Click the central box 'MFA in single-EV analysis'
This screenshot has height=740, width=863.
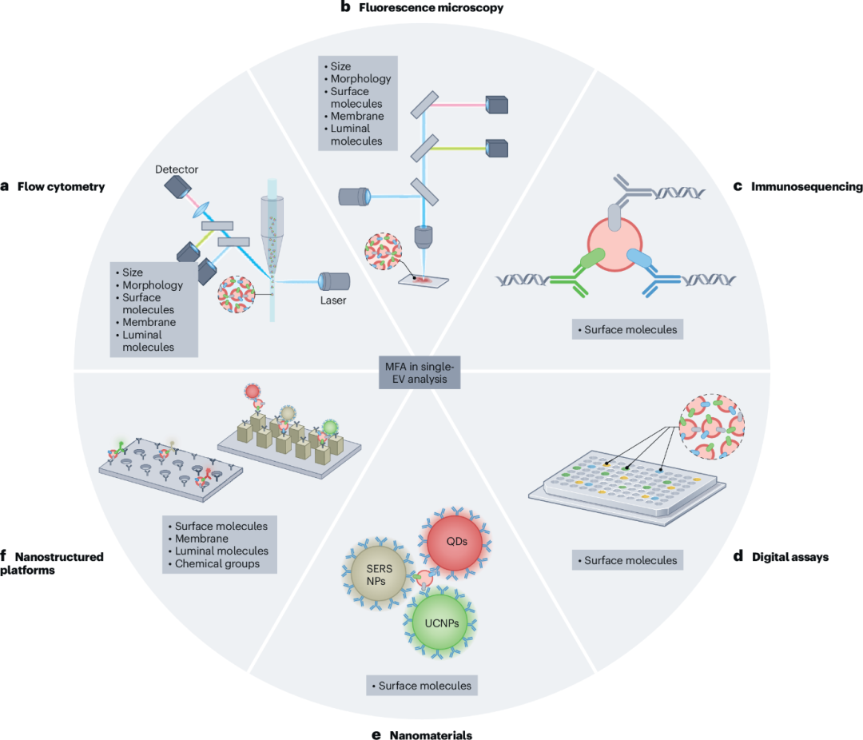(420, 372)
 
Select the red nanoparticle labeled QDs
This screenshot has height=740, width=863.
(455, 543)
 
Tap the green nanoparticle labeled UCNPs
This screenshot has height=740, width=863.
(440, 623)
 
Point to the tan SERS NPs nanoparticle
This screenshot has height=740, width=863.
(379, 575)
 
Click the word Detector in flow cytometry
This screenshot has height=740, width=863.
(176, 169)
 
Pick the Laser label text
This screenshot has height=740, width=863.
(333, 300)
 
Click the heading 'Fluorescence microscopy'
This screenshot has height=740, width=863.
(431, 8)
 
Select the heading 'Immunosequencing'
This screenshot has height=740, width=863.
(807, 187)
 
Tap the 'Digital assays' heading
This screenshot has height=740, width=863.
(790, 557)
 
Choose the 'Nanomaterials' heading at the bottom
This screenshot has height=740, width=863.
(431, 735)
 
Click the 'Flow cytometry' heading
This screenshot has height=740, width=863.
(61, 187)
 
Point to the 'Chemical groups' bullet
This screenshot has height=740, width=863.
(217, 564)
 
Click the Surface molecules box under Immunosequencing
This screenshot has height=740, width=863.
(627, 329)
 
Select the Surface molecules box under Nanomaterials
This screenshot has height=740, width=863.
(422, 686)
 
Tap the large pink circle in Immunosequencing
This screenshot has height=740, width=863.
(614, 244)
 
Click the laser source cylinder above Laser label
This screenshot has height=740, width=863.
(334, 281)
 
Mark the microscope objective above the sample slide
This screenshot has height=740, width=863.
(424, 237)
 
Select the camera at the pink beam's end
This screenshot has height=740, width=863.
(497, 105)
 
